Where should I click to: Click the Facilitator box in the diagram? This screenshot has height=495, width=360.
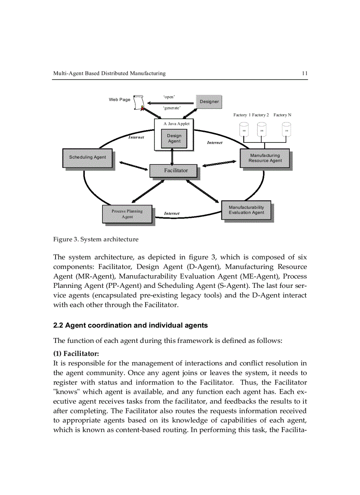[x=176, y=171]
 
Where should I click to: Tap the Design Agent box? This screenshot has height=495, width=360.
[x=174, y=138]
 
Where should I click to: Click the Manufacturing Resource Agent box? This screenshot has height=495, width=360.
[x=265, y=158]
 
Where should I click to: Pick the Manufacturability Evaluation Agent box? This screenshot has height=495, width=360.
[x=246, y=210]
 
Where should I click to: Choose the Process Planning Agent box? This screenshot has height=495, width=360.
[x=127, y=214]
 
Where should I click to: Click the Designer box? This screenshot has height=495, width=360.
[x=209, y=102]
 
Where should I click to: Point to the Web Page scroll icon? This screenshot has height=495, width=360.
[x=140, y=103]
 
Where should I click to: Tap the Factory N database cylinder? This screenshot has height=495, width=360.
[x=286, y=130]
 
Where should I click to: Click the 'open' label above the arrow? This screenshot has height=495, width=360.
[x=169, y=97]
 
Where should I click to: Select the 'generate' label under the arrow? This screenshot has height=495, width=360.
[x=172, y=108]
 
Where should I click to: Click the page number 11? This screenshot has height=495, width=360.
[x=304, y=73]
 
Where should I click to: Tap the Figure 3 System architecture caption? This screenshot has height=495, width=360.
[x=96, y=239]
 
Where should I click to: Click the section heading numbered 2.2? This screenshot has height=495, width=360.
[x=130, y=325]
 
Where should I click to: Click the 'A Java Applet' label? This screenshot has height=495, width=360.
[x=176, y=124]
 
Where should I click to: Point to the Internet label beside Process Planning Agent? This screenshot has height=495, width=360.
[x=172, y=214]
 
